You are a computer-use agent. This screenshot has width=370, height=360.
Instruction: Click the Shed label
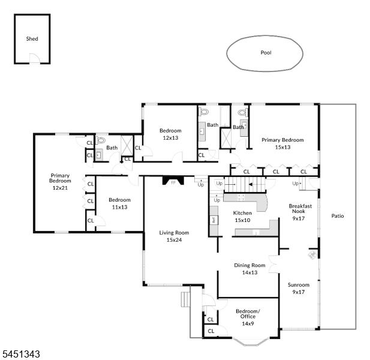tap(32, 39)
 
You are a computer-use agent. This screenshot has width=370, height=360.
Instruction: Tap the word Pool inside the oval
tap(266, 53)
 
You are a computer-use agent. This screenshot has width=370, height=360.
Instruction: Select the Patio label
tap(338, 216)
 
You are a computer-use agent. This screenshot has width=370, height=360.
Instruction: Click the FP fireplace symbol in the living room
tap(173, 181)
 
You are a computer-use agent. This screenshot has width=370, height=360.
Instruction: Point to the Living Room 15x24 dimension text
tap(174, 240)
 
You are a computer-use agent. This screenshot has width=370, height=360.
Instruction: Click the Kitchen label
tap(242, 213)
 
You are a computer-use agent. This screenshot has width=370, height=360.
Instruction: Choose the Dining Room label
tap(249, 265)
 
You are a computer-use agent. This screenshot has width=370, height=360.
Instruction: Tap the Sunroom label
tap(299, 285)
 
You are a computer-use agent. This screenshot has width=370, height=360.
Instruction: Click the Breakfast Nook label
tap(300, 209)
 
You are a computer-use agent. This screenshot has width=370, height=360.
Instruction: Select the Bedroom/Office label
tap(248, 314)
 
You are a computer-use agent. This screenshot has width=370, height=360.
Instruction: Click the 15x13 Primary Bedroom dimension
tap(282, 147)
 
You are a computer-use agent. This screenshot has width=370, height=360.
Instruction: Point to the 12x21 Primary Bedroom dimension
tap(60, 188)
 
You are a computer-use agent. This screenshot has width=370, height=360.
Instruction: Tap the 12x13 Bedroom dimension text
tap(170, 137)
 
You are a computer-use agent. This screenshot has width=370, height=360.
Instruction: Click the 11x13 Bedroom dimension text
tap(120, 207)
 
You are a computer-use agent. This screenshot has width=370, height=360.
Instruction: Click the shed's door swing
tap(35, 58)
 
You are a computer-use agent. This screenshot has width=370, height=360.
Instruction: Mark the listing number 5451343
tap(20, 355)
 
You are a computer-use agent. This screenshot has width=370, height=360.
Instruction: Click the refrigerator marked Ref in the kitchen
tap(214, 220)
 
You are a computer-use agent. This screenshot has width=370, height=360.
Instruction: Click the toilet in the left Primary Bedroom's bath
tap(100, 140)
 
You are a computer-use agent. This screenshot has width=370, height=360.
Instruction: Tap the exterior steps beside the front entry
tap(186, 299)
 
